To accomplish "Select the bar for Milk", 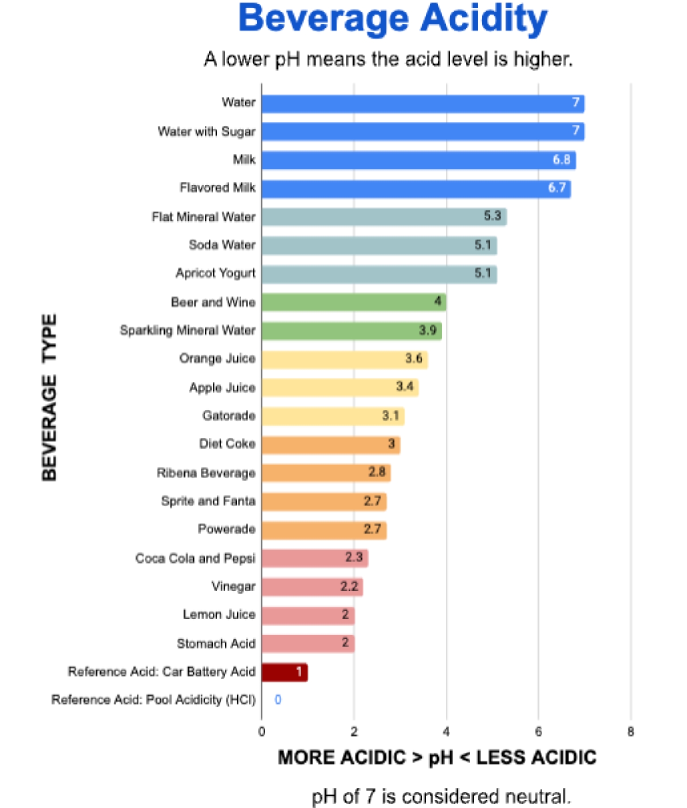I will [x=419, y=160].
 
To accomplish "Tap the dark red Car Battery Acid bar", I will [x=284, y=672].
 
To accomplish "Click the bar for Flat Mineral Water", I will [x=384, y=217].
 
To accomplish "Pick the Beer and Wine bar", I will [x=354, y=302].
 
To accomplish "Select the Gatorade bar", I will [x=333, y=416].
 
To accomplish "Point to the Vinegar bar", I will [x=312, y=587].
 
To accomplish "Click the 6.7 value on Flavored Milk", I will [x=557, y=188].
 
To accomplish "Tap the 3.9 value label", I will [x=428, y=331].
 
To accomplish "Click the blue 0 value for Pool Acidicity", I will [x=278, y=700].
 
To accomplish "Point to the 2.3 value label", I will [x=354, y=558].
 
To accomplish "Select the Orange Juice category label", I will [x=217, y=359].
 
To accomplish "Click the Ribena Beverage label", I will [x=205, y=473].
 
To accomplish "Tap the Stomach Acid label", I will [x=216, y=643].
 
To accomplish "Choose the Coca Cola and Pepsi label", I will [x=195, y=558].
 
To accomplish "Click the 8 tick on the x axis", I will [x=631, y=732].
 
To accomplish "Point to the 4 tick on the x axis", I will [x=446, y=732].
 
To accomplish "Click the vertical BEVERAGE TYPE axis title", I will [x=49, y=397].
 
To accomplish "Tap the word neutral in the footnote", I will [x=537, y=796].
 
